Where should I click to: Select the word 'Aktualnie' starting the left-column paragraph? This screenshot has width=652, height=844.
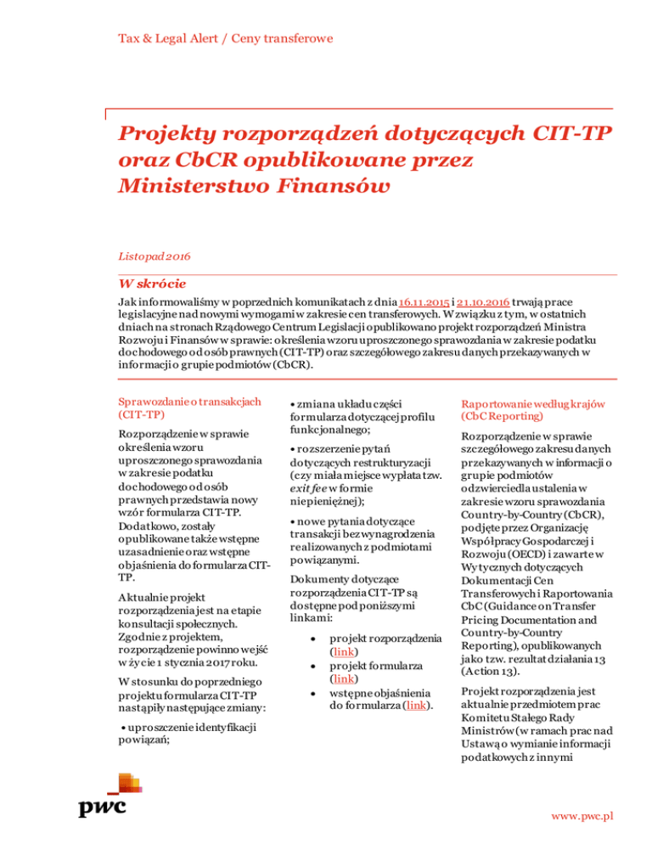pyautogui.click(x=145, y=599)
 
